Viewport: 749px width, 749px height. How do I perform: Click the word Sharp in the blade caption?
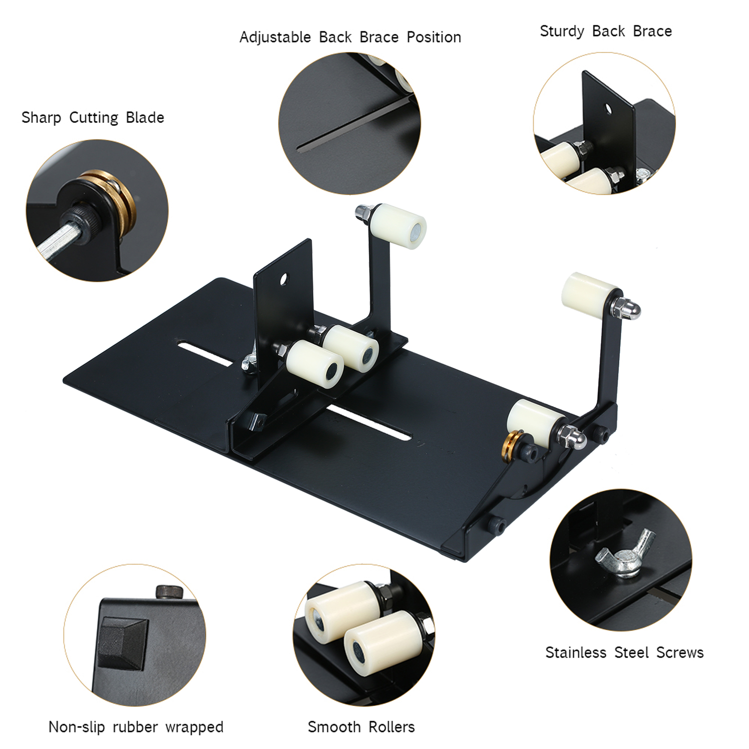click(x=41, y=118)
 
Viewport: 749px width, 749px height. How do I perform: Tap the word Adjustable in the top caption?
click(x=275, y=37)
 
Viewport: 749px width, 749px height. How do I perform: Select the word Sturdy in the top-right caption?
click(x=562, y=31)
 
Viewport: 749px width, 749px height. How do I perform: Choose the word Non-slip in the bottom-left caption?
click(x=76, y=727)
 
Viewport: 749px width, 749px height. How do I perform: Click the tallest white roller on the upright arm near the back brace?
click(x=398, y=226)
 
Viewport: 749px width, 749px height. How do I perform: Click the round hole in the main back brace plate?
click(x=284, y=279)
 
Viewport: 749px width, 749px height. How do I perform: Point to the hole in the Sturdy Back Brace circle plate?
click(x=608, y=108)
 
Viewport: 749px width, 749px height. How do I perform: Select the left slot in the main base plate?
click(x=205, y=354)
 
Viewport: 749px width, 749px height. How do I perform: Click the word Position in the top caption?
click(x=433, y=37)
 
